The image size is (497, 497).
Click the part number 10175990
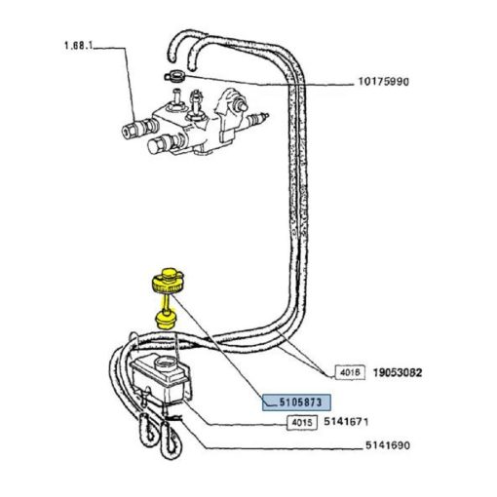pyautogui.click(x=383, y=81)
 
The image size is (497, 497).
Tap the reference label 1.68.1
pyautogui.click(x=78, y=45)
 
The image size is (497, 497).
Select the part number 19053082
pyautogui.click(x=398, y=372)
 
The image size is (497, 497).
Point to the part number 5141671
pyautogui.click(x=346, y=422)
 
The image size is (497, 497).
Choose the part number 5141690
pyautogui.click(x=388, y=445)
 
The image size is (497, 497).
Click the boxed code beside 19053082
pyautogui.click(x=350, y=372)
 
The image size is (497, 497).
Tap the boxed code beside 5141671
pyautogui.click(x=302, y=422)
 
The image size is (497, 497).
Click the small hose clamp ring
pyautogui.click(x=174, y=76)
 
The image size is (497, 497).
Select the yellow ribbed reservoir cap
pyautogui.click(x=169, y=281)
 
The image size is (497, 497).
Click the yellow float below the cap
pyautogui.click(x=166, y=321)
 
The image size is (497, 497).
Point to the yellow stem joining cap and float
pyautogui.click(x=166, y=303)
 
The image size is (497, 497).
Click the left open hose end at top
pyautogui.click(x=173, y=57)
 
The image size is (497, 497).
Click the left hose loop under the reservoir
pyautogui.click(x=148, y=431)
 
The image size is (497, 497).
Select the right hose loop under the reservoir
pyautogui.click(x=171, y=440)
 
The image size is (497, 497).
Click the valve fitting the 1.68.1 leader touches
pyautogui.click(x=139, y=128)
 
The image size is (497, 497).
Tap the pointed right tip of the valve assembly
pyautogui.click(x=267, y=115)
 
